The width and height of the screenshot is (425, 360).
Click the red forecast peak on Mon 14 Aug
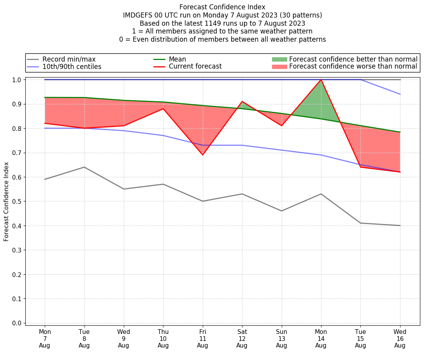(321, 80)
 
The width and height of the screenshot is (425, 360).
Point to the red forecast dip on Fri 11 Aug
(202, 155)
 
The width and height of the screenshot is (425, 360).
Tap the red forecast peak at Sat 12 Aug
(242, 101)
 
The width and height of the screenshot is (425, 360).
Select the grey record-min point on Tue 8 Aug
(84, 167)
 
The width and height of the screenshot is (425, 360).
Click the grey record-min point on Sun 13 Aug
(281, 211)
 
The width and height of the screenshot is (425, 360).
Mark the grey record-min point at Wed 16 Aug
(400, 226)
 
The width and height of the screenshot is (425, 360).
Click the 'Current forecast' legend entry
(195, 67)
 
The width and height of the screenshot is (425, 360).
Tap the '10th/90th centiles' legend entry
(72, 67)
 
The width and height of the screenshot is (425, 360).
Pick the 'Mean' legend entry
(177, 59)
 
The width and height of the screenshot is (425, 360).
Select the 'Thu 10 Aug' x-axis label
(163, 338)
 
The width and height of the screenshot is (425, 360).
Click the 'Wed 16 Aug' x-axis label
(400, 338)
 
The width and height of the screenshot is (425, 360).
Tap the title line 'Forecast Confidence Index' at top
(222, 7)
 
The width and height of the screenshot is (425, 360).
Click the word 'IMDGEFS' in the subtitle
(139, 15)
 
